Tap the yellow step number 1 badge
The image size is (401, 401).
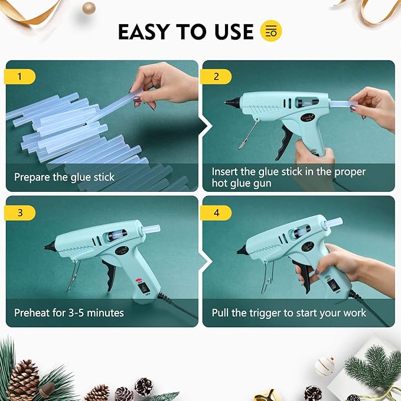coord(20,76)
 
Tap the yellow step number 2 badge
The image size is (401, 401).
coord(216,76)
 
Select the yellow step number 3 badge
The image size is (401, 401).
coord(20,213)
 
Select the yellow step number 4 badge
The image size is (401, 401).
coord(216,213)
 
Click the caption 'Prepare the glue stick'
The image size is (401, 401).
coord(64,177)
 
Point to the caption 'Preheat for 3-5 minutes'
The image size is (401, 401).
coord(69,312)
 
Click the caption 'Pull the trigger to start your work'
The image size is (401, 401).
coord(289,312)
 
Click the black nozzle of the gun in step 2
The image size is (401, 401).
coord(227,102)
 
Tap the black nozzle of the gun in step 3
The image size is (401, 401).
coord(47,246)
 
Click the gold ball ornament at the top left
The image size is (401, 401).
coord(89,8)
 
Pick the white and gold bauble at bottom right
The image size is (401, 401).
coord(324,366)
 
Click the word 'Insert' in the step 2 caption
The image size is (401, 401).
coord(225,172)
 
